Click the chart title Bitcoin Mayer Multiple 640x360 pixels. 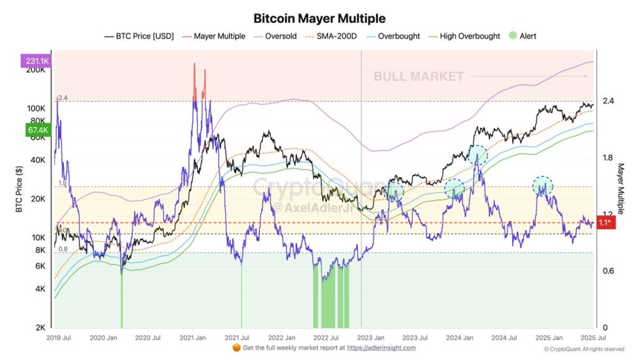[x=319, y=18]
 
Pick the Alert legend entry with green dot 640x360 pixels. [x=524, y=36]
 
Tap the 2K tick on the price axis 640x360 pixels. [x=40, y=327]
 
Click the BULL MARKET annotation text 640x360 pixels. [x=419, y=77]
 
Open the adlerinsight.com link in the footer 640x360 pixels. [x=381, y=348]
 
